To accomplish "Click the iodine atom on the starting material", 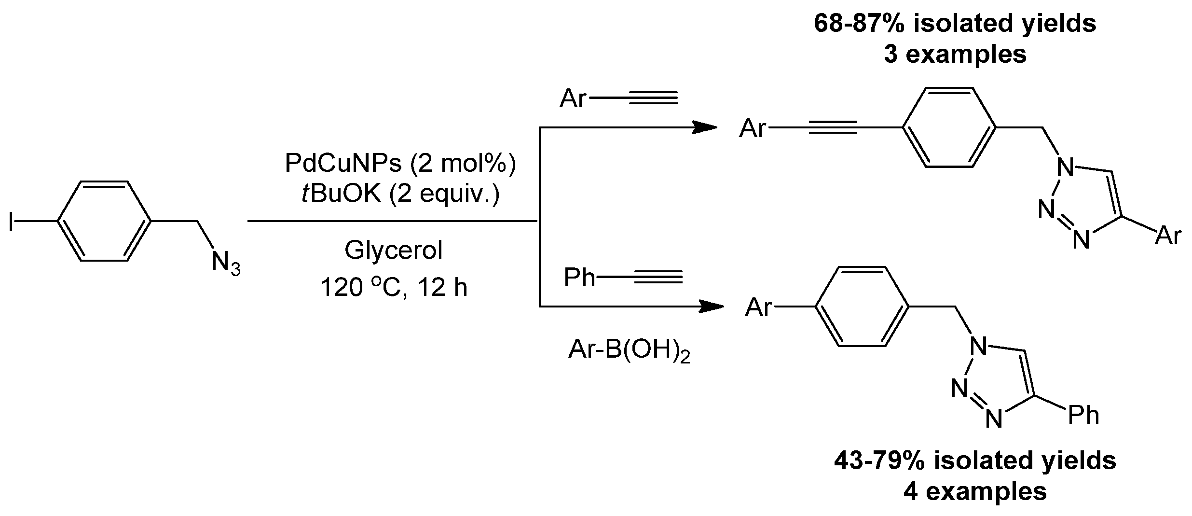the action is pyautogui.click(x=11, y=222).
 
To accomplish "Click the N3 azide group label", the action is pyautogui.click(x=225, y=264).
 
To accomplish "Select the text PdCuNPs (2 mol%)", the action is pyautogui.click(x=400, y=164).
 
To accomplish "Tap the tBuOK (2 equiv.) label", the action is pyautogui.click(x=400, y=194).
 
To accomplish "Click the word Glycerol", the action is pyautogui.click(x=393, y=251).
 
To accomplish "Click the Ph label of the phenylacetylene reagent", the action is pyautogui.click(x=579, y=278).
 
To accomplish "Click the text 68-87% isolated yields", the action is pyautogui.click(x=955, y=23).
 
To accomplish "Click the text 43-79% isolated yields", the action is pyautogui.click(x=975, y=460).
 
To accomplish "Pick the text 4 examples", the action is pyautogui.click(x=975, y=492).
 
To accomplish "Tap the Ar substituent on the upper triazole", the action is pyautogui.click(x=1168, y=237).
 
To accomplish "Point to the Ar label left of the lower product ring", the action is pyautogui.click(x=759, y=307).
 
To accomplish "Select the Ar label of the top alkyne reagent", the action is pyautogui.click(x=573, y=99).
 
